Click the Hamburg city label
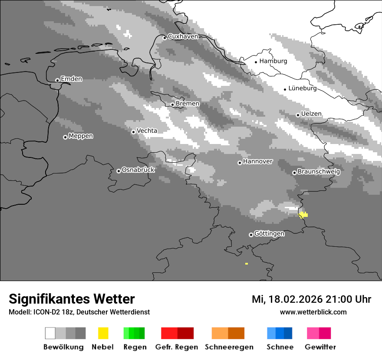[x=273, y=61]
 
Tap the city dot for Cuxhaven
[x=165, y=38]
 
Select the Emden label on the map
[x=71, y=79]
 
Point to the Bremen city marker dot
[x=172, y=105]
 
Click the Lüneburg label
[x=303, y=88]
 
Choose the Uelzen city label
[x=311, y=114]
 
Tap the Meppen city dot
[x=65, y=137]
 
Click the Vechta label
[x=147, y=131]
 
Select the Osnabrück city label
[x=138, y=170]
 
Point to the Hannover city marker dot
[x=240, y=163]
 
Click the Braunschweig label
[x=319, y=171]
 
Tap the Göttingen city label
[x=269, y=234]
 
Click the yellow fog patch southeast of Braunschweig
[x=303, y=214]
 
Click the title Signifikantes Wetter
[x=72, y=299]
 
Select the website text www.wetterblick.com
[x=313, y=312]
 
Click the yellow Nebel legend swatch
[x=103, y=333]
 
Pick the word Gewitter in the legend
[x=320, y=347]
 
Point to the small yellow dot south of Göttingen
[x=247, y=263]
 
